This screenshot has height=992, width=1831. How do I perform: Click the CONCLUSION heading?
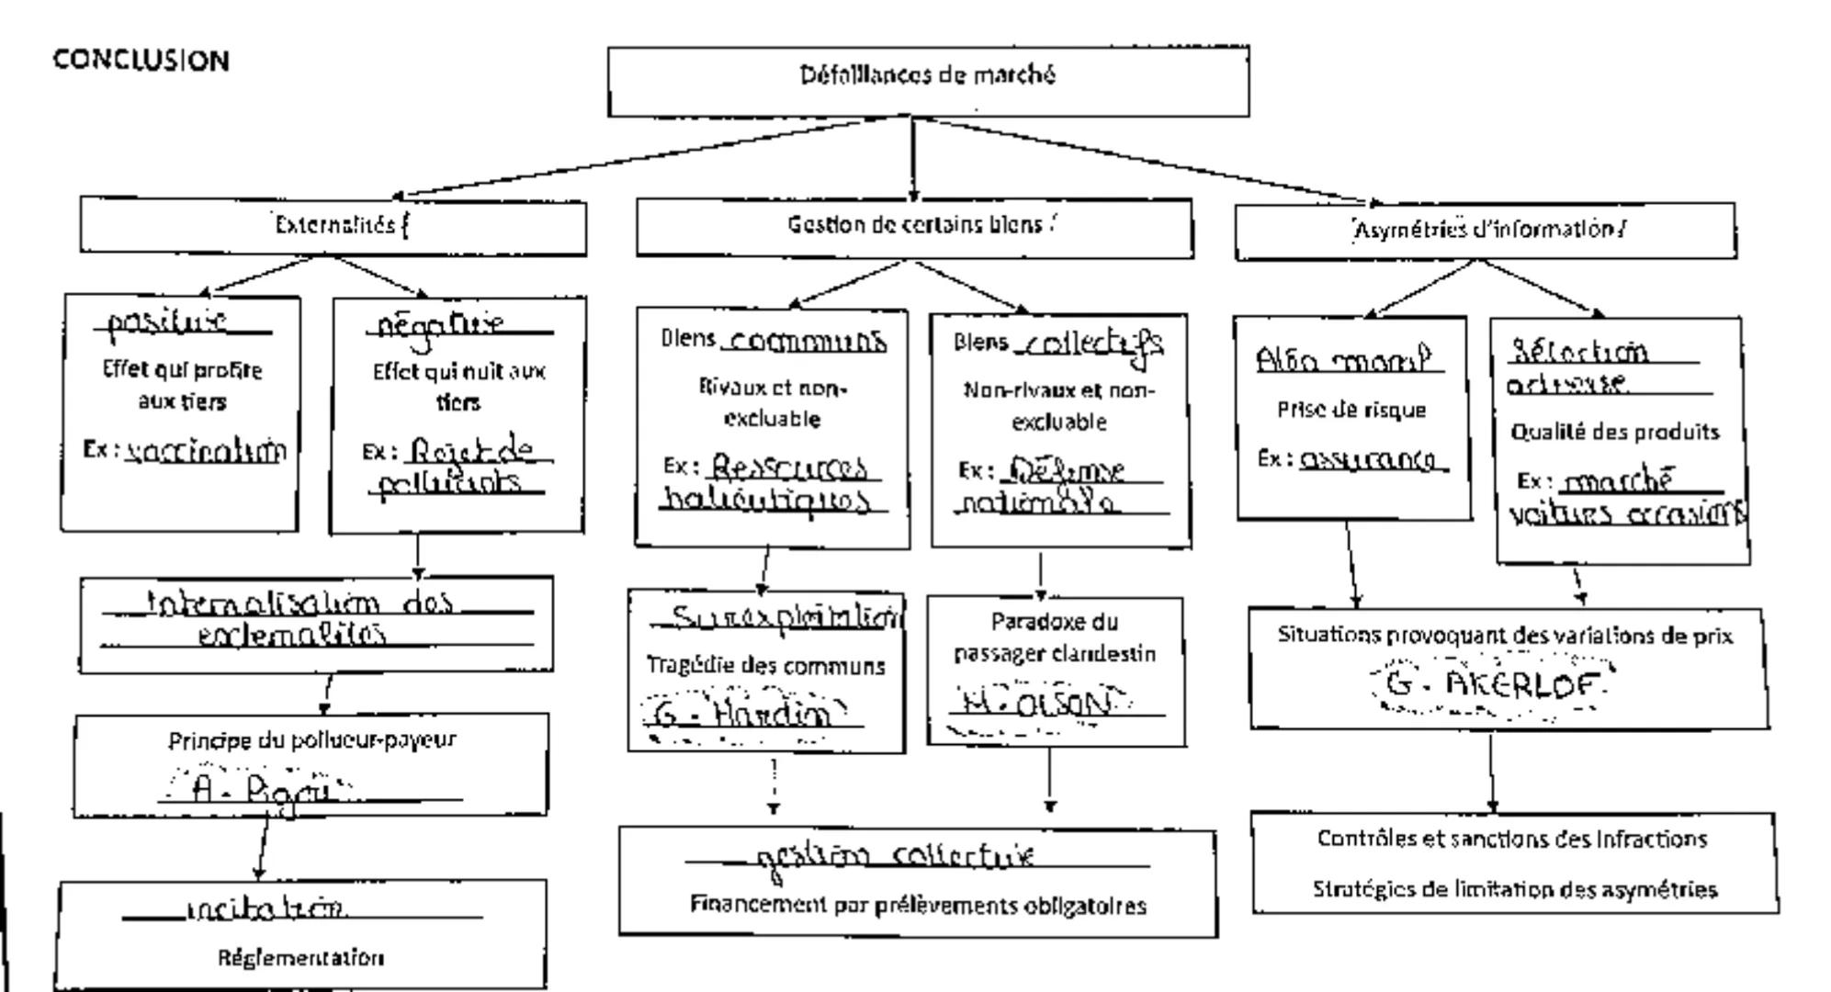point(141,61)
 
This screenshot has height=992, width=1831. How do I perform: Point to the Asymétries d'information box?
point(1486,230)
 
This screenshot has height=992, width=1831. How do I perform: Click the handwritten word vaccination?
point(206,450)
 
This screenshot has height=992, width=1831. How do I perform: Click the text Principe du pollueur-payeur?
point(312,739)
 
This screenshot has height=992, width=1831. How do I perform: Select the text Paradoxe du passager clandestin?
point(1055,637)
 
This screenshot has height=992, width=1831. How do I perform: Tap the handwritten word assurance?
point(1373,459)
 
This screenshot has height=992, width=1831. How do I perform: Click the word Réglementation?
point(301,958)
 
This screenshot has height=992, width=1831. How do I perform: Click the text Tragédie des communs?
point(766,665)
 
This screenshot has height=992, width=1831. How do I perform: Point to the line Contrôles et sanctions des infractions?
point(1512,839)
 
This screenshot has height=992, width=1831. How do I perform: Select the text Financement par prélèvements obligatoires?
point(918,906)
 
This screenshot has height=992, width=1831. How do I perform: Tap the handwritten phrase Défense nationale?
point(1062,487)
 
